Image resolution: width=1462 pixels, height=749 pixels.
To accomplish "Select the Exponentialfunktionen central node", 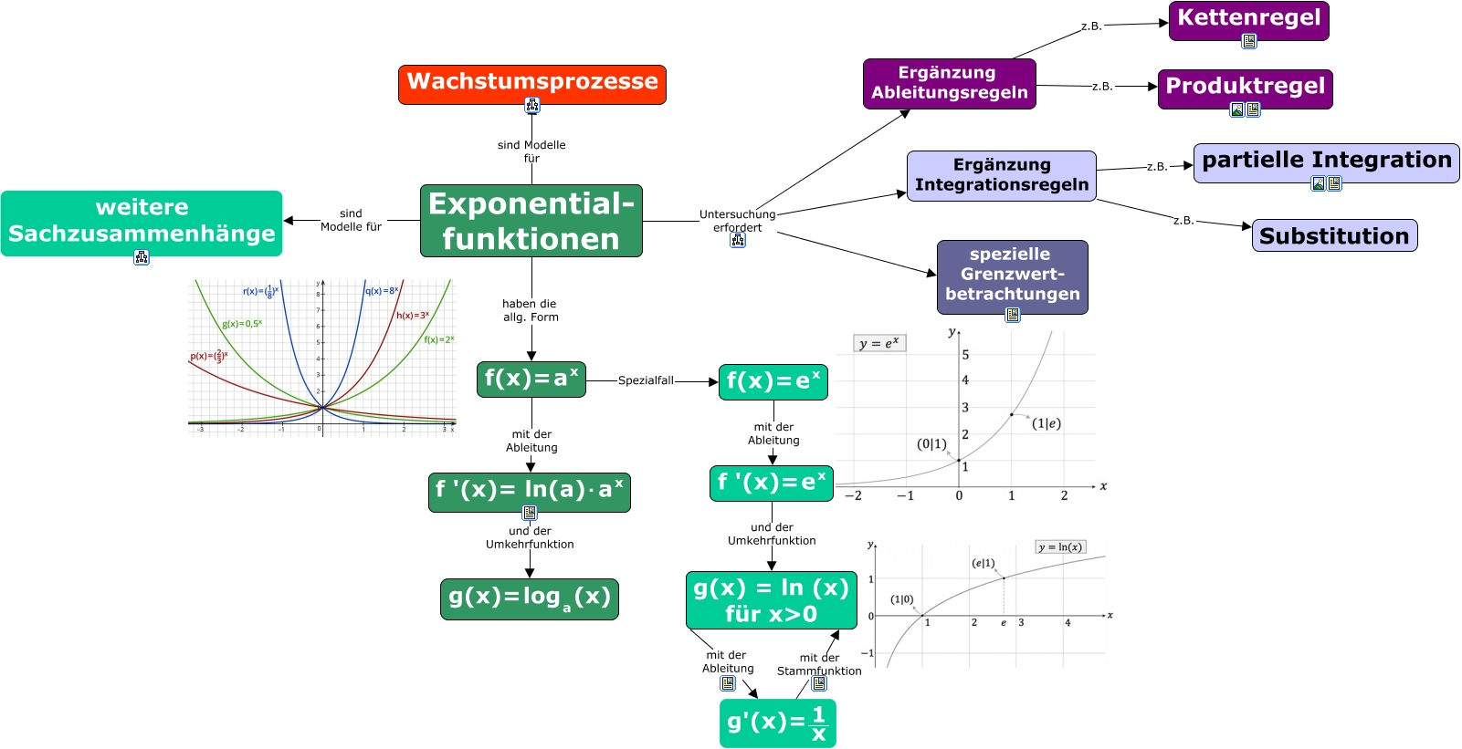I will click(531, 221).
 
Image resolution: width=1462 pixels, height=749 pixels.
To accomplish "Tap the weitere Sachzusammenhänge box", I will click(142, 222).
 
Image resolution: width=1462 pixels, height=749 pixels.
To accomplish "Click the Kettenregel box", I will click(1247, 19).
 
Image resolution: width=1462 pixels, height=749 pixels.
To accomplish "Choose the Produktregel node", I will click(1244, 88).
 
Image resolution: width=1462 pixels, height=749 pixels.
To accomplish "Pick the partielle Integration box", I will click(1325, 161).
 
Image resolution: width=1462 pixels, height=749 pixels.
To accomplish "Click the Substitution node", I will click(1333, 236).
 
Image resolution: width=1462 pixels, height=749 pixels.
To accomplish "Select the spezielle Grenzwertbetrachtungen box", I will click(1012, 275).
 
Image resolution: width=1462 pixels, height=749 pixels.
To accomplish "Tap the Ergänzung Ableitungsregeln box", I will click(949, 83).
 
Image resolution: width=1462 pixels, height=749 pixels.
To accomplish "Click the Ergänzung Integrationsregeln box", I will click(1001, 175).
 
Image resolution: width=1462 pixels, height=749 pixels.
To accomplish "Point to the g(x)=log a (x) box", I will click(529, 598).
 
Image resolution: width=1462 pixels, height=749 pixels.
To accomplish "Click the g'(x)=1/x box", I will click(777, 723).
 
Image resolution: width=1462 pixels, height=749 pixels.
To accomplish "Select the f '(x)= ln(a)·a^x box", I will click(529, 491).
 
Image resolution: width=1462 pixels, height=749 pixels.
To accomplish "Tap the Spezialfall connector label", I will click(646, 381).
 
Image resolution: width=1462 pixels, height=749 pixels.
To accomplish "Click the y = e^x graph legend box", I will click(879, 344).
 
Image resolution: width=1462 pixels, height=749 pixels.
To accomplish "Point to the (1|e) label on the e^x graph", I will click(1046, 423).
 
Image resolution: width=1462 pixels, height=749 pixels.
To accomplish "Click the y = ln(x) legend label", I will click(1059, 547).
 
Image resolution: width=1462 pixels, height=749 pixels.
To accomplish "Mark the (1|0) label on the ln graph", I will click(901, 599).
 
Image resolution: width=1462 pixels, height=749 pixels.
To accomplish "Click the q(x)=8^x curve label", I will click(382, 291).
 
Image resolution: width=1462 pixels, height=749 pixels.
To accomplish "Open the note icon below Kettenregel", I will click(1248, 41).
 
